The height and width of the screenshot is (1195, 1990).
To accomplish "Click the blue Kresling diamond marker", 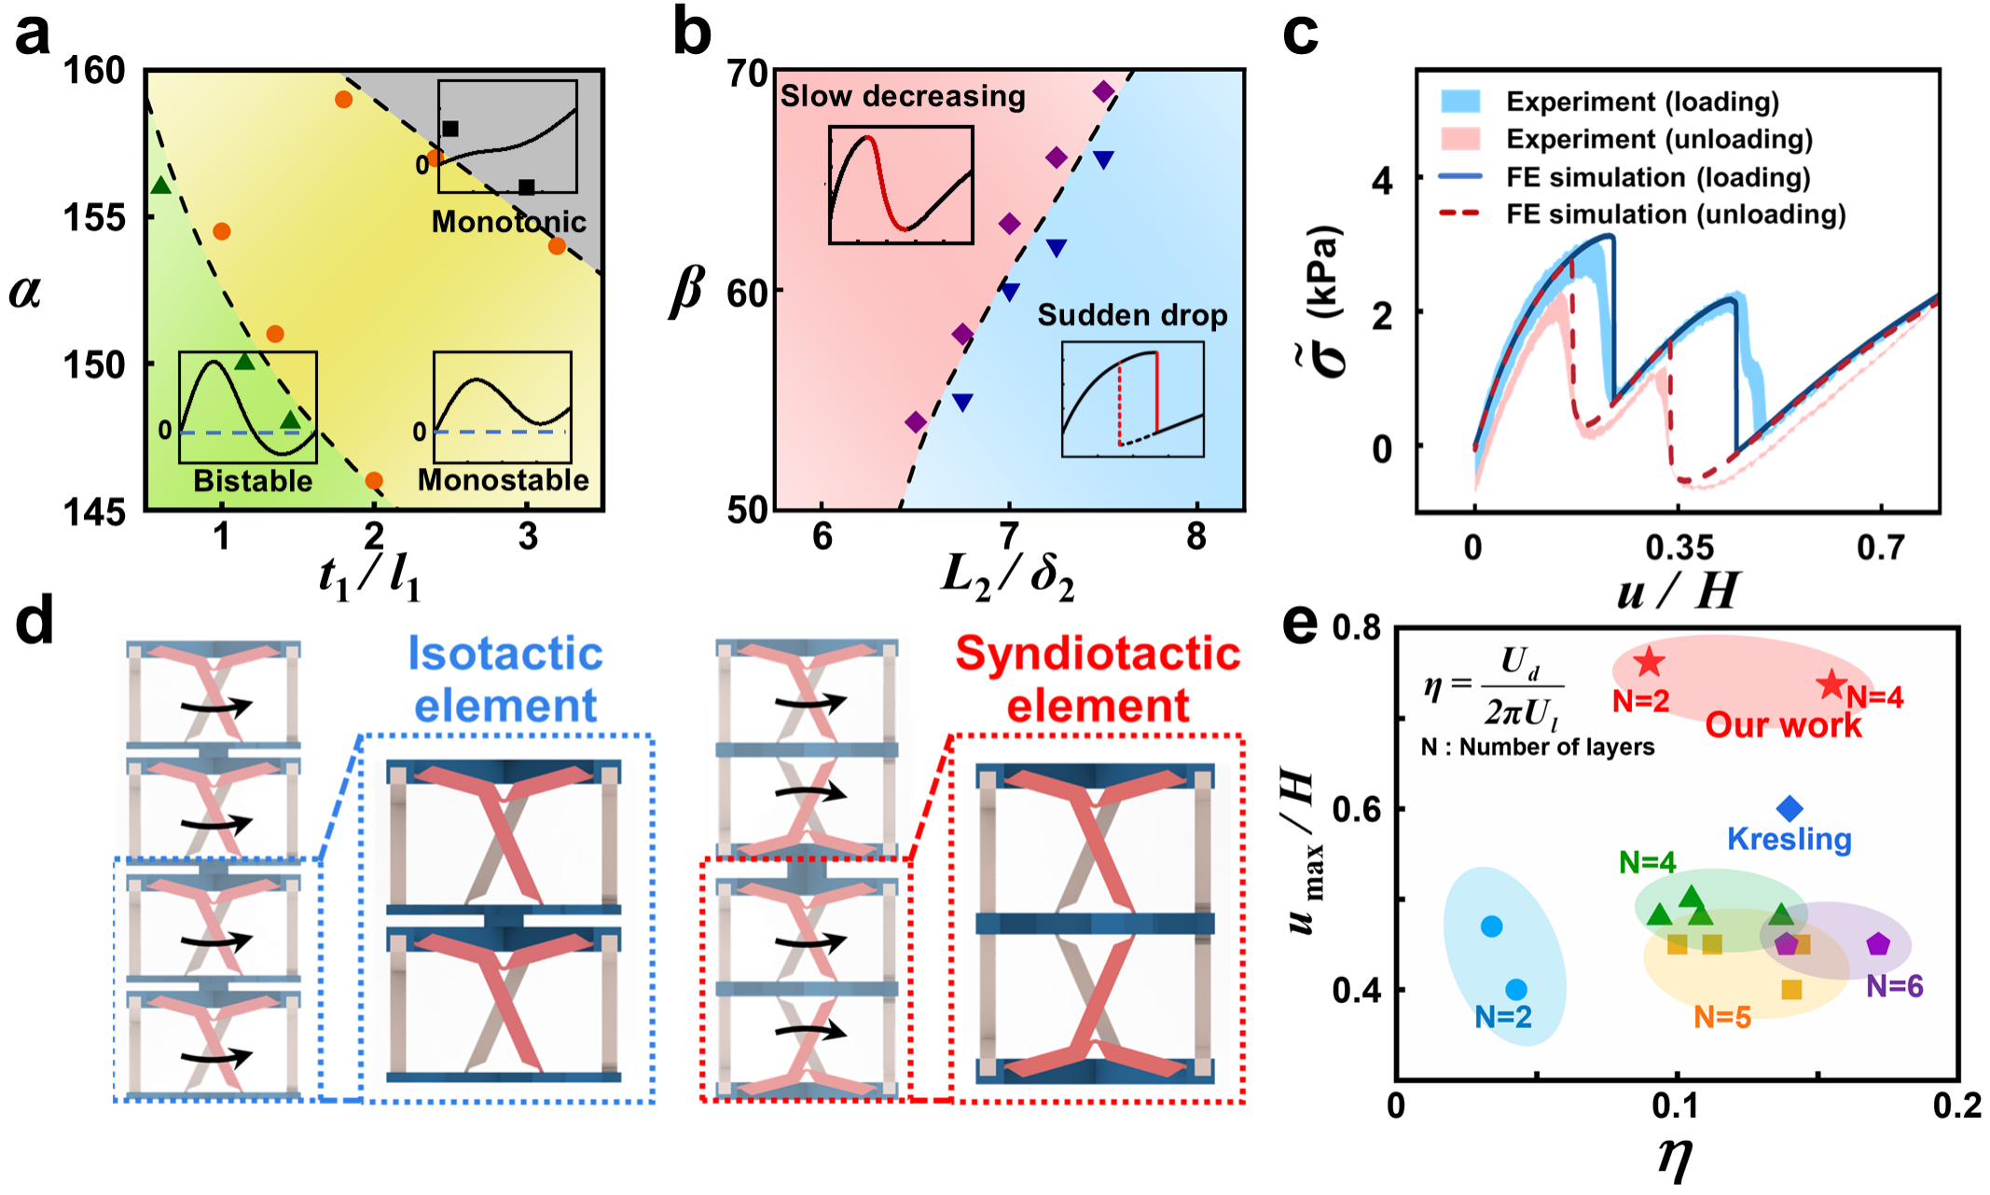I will tap(1789, 808).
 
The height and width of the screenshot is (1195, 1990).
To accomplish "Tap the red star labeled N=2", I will tap(1650, 662).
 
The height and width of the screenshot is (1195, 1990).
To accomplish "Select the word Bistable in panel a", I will tap(253, 480).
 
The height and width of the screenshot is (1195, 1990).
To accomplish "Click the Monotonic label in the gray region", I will tap(508, 221).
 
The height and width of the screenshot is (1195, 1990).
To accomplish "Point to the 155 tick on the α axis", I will tap(94, 217).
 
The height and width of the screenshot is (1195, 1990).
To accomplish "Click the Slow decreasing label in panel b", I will tap(902, 96).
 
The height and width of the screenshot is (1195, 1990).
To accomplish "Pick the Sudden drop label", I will tap(1132, 315).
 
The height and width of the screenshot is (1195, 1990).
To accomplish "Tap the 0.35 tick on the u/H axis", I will tap(1679, 547).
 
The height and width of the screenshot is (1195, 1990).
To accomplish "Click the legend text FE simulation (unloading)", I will tap(1676, 214).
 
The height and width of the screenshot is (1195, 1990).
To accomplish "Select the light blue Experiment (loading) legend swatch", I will tap(1460, 102).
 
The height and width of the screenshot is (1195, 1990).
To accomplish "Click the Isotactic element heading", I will tap(505, 679).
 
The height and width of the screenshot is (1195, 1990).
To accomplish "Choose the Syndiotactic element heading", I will tap(1098, 679).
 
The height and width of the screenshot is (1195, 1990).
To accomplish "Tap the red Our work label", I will tap(1783, 725).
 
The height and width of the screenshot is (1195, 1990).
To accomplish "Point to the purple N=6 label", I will tap(1894, 985).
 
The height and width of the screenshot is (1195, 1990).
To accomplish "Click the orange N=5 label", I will tap(1721, 1017).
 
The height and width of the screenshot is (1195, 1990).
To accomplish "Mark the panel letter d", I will tap(35, 622).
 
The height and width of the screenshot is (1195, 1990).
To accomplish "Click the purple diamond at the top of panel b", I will tap(1104, 91).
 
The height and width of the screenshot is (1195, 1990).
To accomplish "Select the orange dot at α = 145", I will tap(374, 481).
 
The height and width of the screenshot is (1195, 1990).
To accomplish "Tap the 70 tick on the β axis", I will tap(747, 73).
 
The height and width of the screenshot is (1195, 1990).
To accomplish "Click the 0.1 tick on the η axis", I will tap(1676, 1106).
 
